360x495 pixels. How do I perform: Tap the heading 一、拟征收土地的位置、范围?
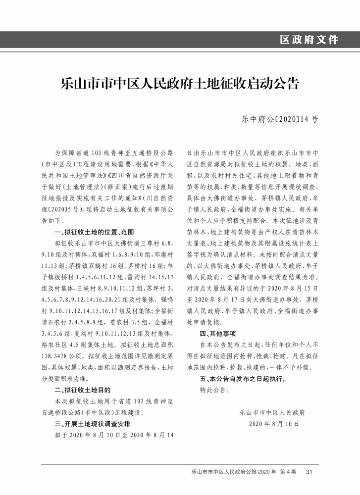coord(95,232)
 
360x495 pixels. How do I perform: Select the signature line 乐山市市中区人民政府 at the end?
coord(272,412)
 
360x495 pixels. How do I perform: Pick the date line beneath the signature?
coord(274,424)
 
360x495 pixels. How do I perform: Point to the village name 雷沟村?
coord(126,277)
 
